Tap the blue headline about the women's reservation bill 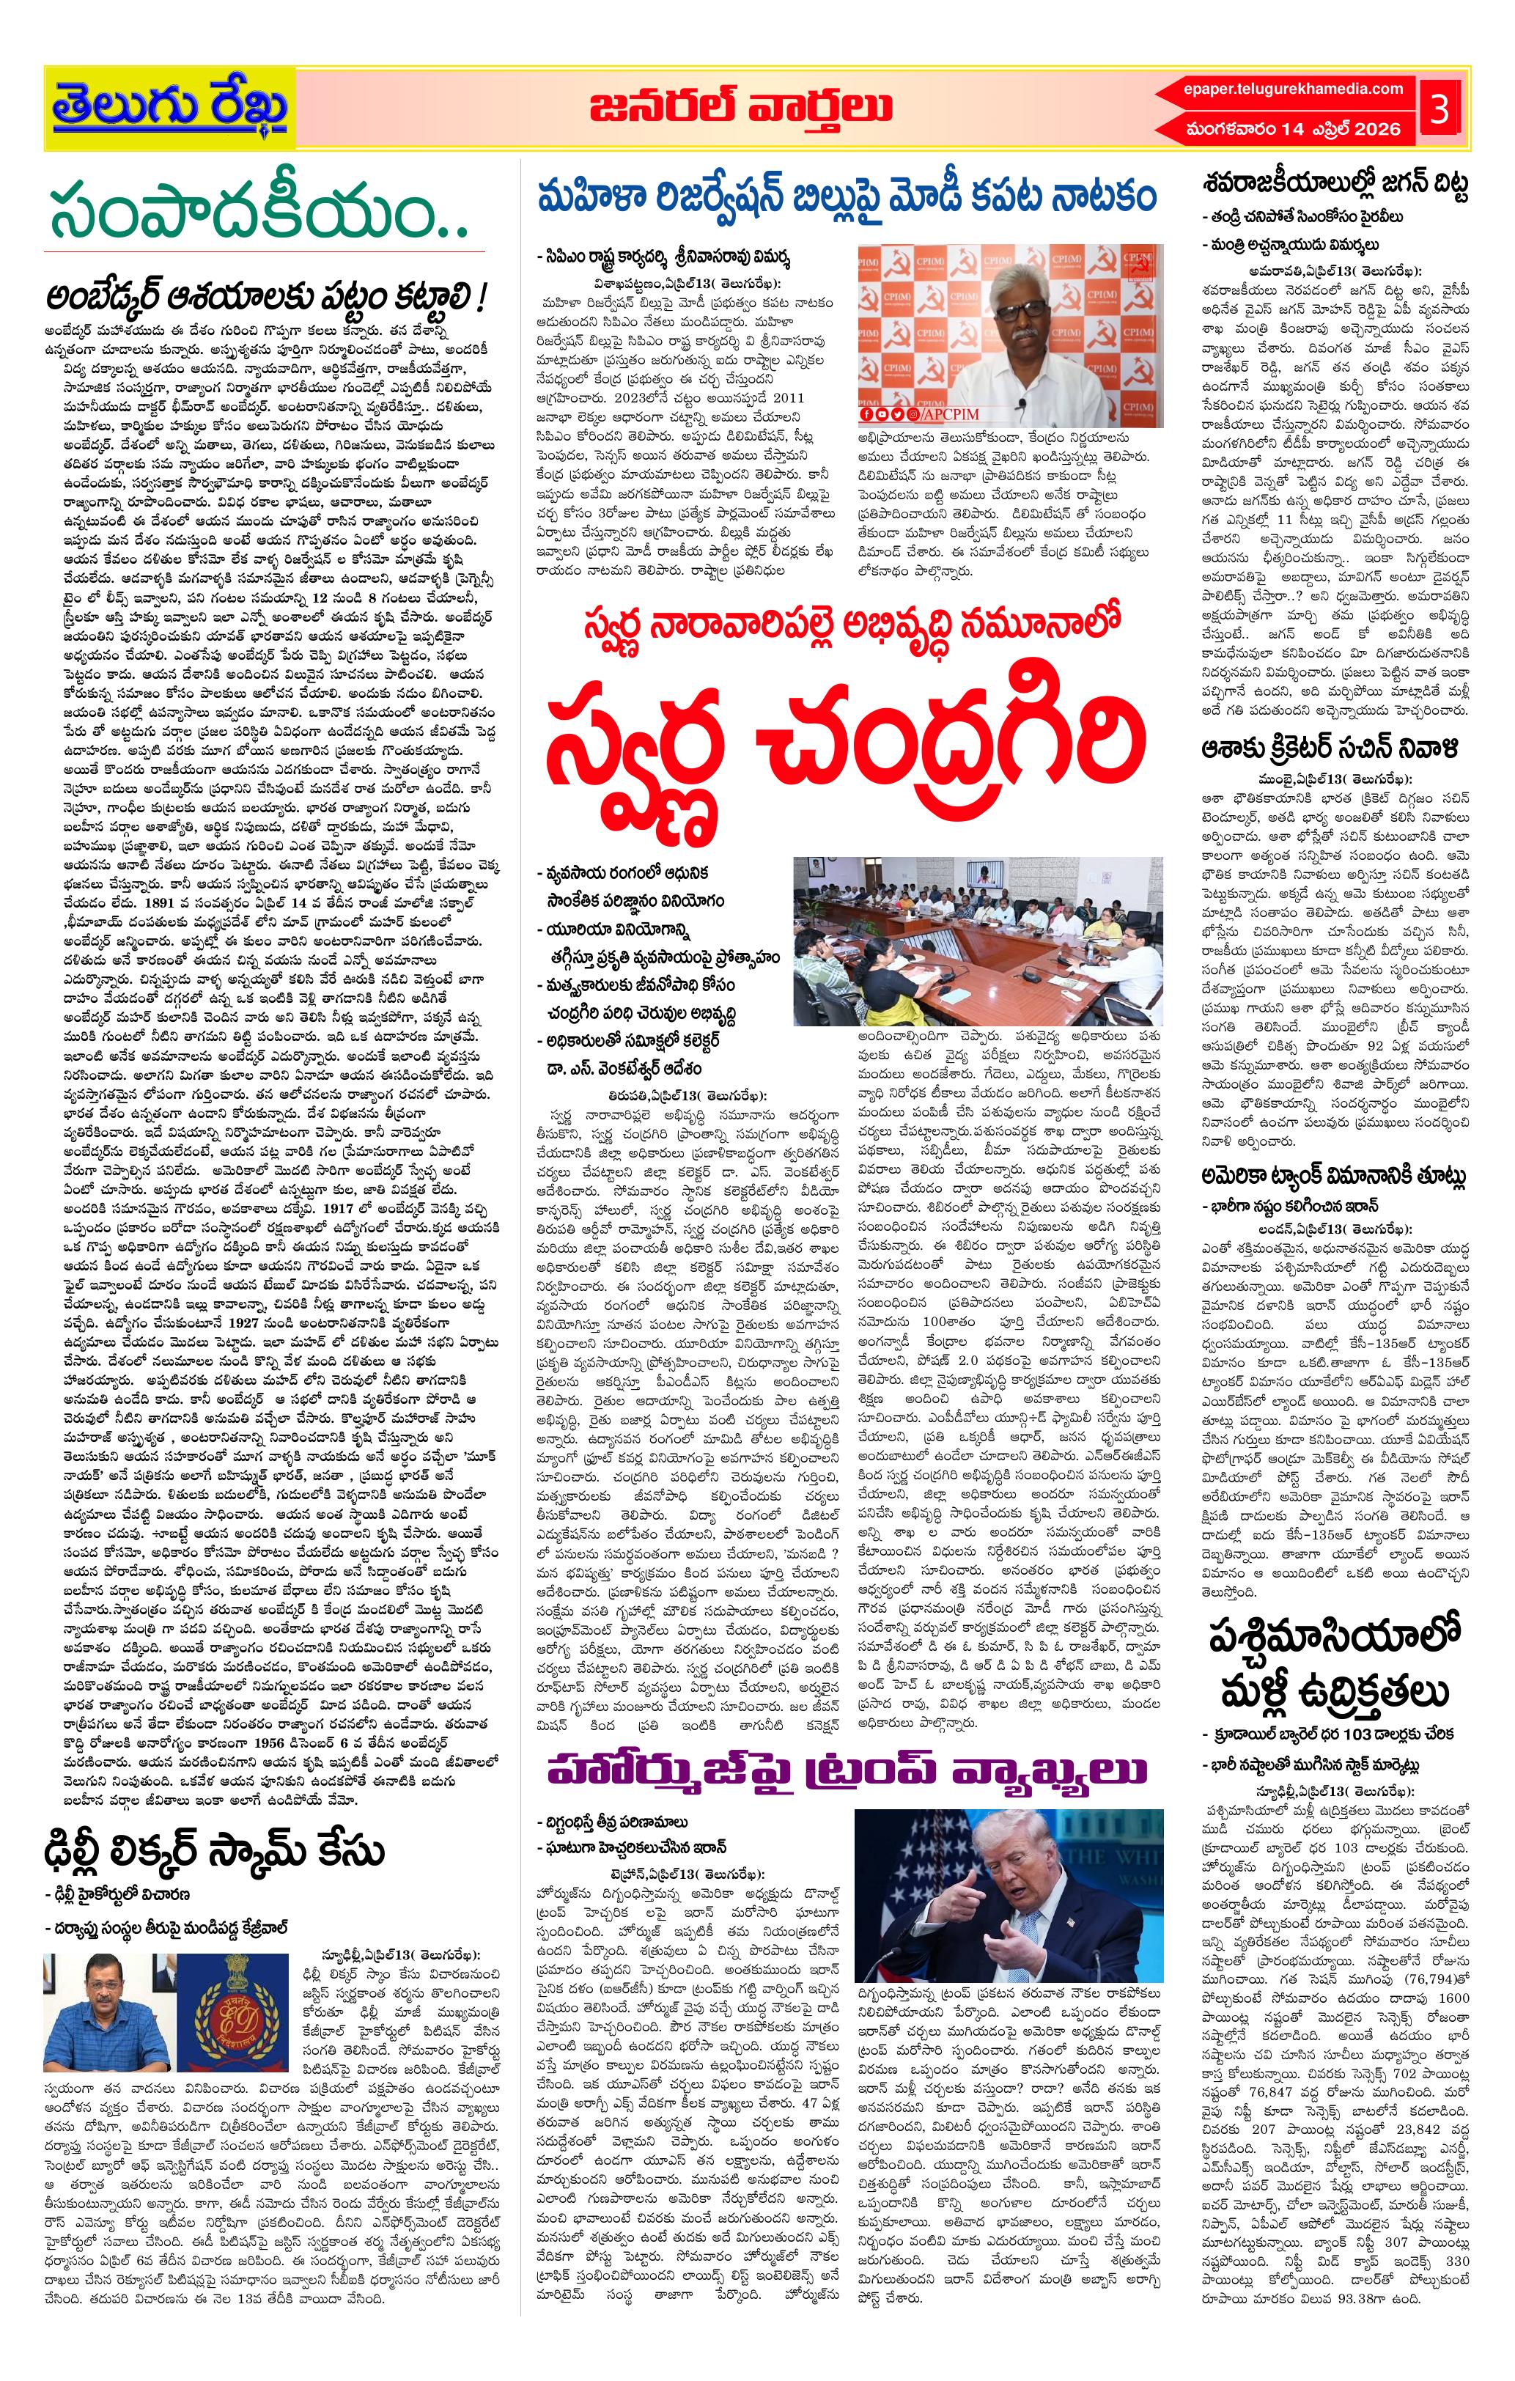846,196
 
